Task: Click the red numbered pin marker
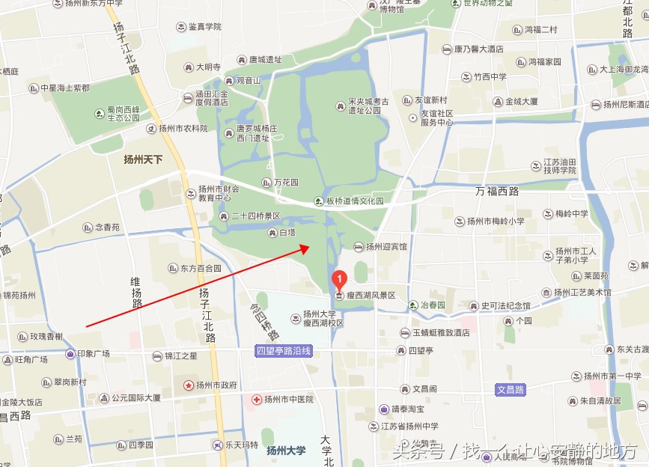click(339, 280)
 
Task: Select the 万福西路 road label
click(497, 192)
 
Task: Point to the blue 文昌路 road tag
click(511, 389)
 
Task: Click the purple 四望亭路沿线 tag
click(283, 350)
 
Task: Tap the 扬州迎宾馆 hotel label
click(386, 246)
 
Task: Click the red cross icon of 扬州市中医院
click(257, 400)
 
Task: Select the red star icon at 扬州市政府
click(188, 385)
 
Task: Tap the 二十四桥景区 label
click(255, 216)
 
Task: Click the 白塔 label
click(287, 233)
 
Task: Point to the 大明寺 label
click(207, 67)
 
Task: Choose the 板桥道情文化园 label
click(353, 201)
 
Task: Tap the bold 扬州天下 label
click(143, 159)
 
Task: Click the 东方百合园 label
click(200, 268)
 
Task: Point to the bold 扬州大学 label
click(287, 451)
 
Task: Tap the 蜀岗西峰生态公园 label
click(123, 113)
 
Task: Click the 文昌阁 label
click(424, 389)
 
